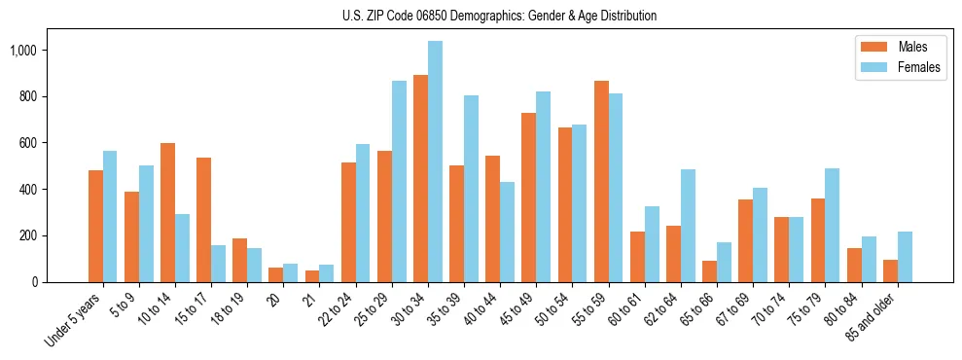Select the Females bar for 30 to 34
[x=435, y=162]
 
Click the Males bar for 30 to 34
[x=420, y=179]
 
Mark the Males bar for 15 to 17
[x=203, y=220]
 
